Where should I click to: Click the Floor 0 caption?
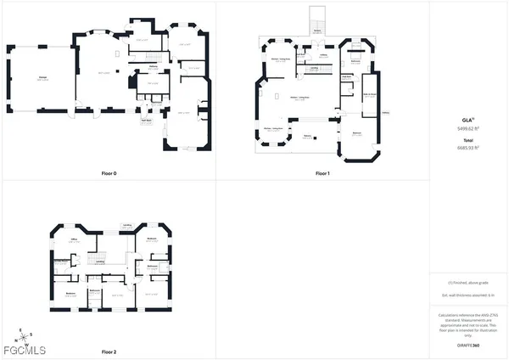point(109,173)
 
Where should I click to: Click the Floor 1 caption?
point(322,173)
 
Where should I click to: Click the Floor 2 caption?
point(109,352)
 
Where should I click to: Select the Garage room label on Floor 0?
point(41,78)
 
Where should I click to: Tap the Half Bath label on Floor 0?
point(146,120)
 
